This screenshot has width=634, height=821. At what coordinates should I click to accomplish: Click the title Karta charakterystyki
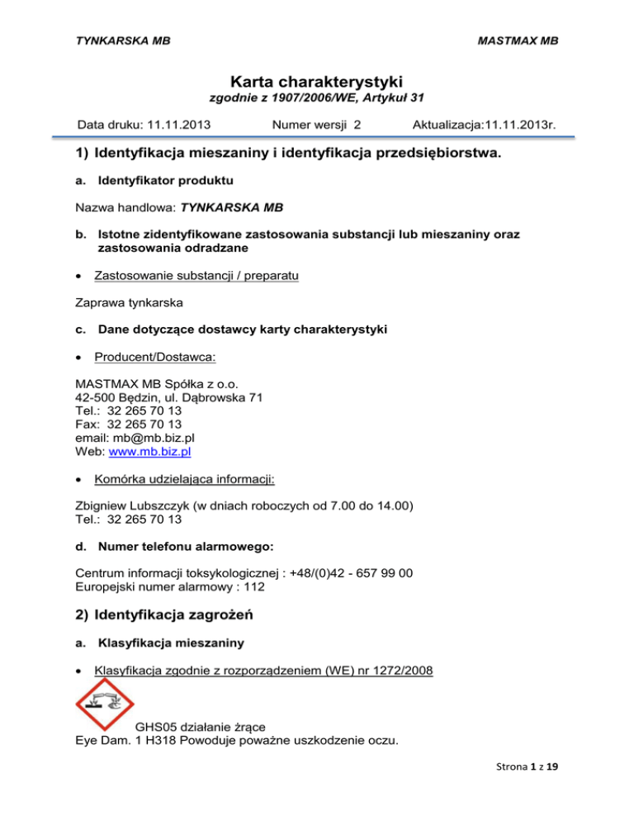[x=317, y=83]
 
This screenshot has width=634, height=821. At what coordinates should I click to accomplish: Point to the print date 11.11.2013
[x=177, y=126]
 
